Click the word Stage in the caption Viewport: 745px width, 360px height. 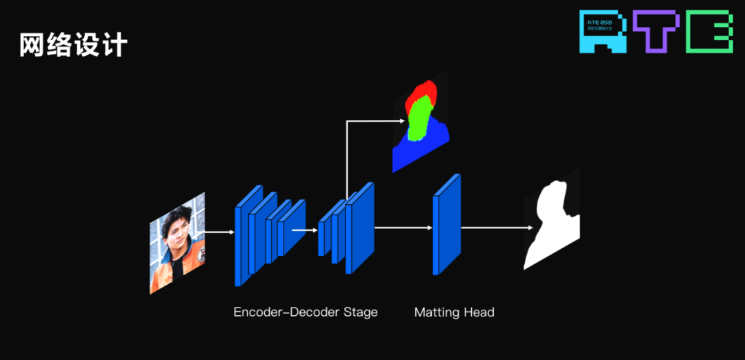click(x=361, y=312)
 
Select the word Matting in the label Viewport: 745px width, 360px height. click(x=437, y=313)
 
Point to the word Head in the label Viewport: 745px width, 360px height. click(x=479, y=313)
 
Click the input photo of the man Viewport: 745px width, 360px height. click(x=177, y=243)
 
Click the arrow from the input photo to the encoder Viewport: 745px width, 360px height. click(x=219, y=232)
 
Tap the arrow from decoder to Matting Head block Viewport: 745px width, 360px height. click(x=403, y=227)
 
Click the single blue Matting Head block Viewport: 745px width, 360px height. click(x=446, y=225)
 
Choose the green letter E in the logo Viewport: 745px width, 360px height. click(x=709, y=32)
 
